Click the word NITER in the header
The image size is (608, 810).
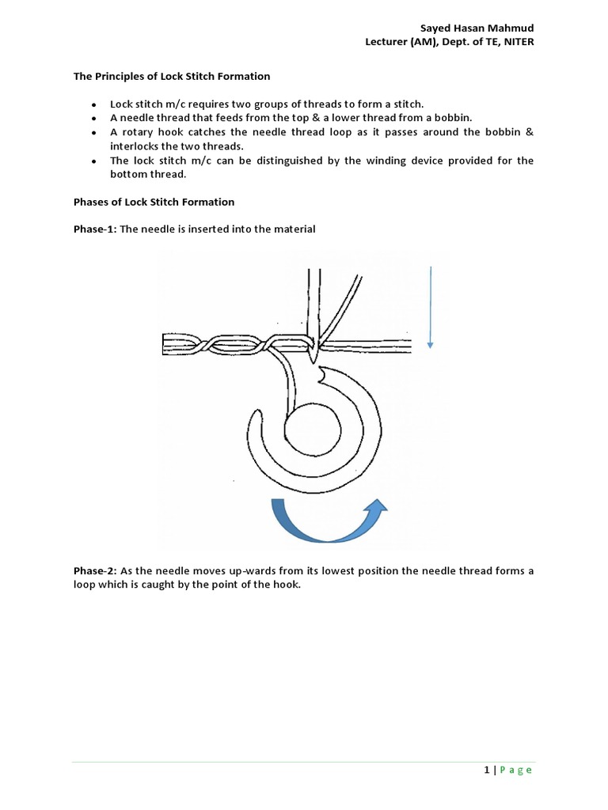coord(517,42)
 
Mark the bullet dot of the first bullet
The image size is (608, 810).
coord(94,104)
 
